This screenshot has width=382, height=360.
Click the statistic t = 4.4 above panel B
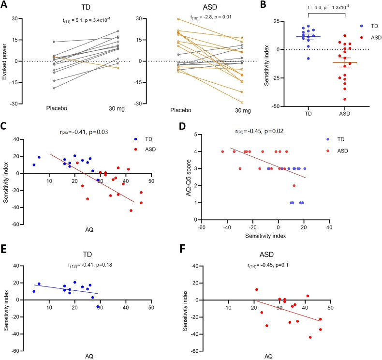coord(315,9)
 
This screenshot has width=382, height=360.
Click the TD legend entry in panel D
coord(338,139)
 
